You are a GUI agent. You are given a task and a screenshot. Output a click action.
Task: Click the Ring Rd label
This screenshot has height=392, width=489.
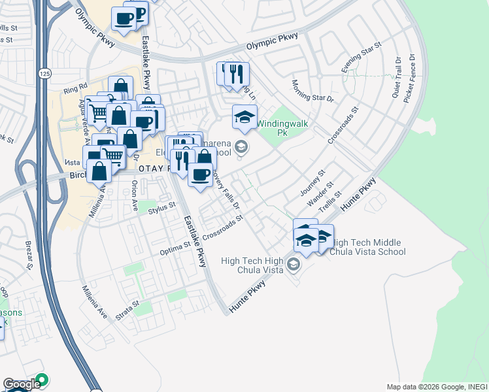click(x=75, y=86)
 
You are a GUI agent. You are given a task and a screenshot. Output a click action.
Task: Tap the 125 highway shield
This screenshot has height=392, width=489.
click(x=44, y=74)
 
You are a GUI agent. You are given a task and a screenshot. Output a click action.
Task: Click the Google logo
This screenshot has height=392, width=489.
click(x=21, y=385)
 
